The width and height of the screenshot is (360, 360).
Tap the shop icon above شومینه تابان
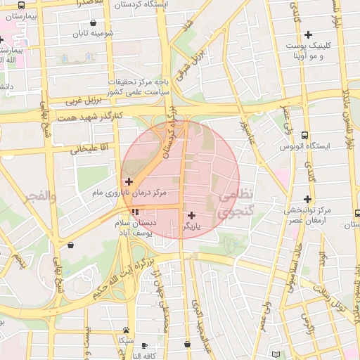click(x=94, y=22)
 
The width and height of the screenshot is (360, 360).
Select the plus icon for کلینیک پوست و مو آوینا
click(x=307, y=34)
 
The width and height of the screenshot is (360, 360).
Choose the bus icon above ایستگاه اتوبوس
click(x=304, y=134)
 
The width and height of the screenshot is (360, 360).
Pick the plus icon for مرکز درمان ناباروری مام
click(x=129, y=181)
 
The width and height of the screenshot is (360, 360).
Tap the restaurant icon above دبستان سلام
click(x=134, y=211)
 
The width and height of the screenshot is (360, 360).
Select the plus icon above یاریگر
click(x=192, y=215)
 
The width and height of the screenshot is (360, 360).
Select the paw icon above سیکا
click(x=126, y=329)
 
